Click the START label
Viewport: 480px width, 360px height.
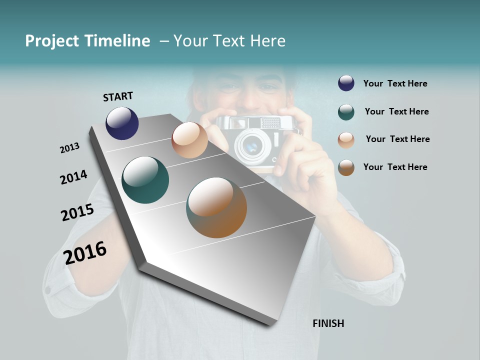(118, 96)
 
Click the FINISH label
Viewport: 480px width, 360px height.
(328, 323)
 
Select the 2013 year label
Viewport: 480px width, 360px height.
(69, 148)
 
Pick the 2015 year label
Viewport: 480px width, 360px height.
(77, 212)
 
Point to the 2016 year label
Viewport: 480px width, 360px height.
(85, 252)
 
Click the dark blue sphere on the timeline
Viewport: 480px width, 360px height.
(122, 123)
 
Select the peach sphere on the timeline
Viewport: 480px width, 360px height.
(189, 140)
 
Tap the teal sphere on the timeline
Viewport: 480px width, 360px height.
(145, 180)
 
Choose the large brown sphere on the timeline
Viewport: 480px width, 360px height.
(216, 207)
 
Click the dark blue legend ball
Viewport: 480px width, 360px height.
(346, 83)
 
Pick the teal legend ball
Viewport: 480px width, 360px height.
(346, 112)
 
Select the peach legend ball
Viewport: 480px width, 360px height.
(346, 140)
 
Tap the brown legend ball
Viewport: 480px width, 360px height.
(346, 167)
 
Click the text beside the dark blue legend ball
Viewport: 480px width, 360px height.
(395, 84)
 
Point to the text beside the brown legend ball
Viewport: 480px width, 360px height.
(395, 167)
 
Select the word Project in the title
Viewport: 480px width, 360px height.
(51, 41)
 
